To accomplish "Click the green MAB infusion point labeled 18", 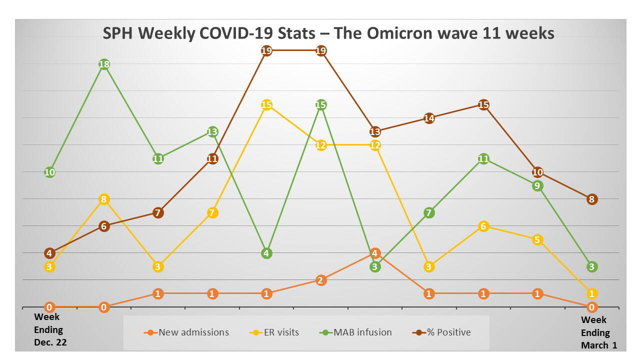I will (x=104, y=64).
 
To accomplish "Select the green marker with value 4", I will (x=266, y=253).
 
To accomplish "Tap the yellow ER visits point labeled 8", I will (x=104, y=199).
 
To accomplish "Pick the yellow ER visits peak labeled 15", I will (x=266, y=105).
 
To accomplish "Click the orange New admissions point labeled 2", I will (x=321, y=280).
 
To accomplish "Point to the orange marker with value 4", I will (x=375, y=253).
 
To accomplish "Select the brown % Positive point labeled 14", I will (x=429, y=118).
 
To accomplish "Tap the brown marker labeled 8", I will (x=591, y=199).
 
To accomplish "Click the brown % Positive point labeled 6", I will (x=104, y=226).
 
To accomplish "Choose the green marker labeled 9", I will (x=537, y=186).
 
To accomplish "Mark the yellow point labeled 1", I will (x=591, y=293).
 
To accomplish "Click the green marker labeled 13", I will (x=212, y=132).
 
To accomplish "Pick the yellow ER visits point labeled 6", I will (x=483, y=226).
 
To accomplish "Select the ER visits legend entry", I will (x=274, y=332).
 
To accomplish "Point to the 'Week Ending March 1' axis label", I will (x=595, y=332).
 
